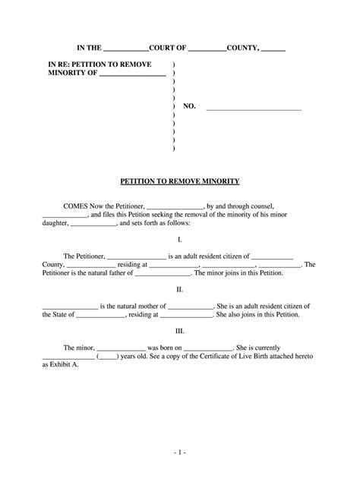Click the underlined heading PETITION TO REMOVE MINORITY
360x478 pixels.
(180, 181)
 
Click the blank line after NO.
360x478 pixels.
(254, 107)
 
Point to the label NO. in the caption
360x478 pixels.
(189, 107)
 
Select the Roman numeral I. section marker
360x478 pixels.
(180, 239)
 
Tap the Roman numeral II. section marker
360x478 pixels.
(180, 290)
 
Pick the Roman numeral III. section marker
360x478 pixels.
(180, 331)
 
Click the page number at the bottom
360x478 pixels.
(180, 452)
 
